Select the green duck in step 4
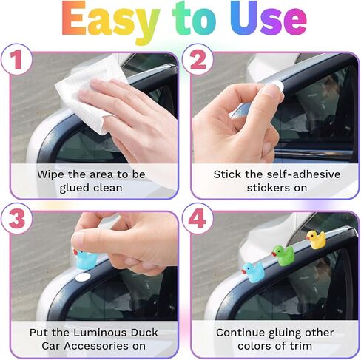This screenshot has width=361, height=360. click(283, 254)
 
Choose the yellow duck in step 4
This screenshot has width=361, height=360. click(317, 239)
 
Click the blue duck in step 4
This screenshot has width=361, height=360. click(252, 271)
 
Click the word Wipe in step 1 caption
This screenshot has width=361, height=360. click(52, 174)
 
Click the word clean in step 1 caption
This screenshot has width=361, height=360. click(108, 188)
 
